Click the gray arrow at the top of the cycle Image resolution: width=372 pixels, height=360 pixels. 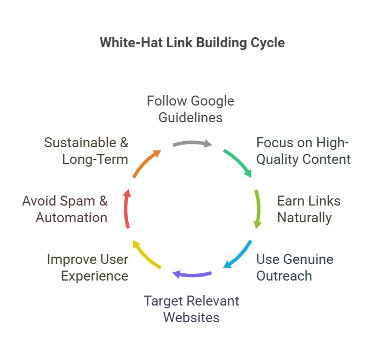192,143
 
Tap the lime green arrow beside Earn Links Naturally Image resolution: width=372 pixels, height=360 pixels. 257,209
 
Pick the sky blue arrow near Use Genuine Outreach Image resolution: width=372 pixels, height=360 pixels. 238,255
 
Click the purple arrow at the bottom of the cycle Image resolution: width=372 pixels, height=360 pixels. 192,273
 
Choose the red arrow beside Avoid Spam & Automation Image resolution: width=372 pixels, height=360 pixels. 127,209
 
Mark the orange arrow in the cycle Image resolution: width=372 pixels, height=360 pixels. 146,163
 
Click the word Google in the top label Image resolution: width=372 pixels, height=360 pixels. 213,101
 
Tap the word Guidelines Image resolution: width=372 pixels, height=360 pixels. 190,117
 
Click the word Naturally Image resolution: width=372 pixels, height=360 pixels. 304,217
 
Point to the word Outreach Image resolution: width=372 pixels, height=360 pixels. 284,276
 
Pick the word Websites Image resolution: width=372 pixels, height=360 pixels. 191,318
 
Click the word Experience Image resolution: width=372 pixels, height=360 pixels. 94,276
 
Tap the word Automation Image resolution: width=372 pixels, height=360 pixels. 72,217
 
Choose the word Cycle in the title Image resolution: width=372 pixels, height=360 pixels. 268,43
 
